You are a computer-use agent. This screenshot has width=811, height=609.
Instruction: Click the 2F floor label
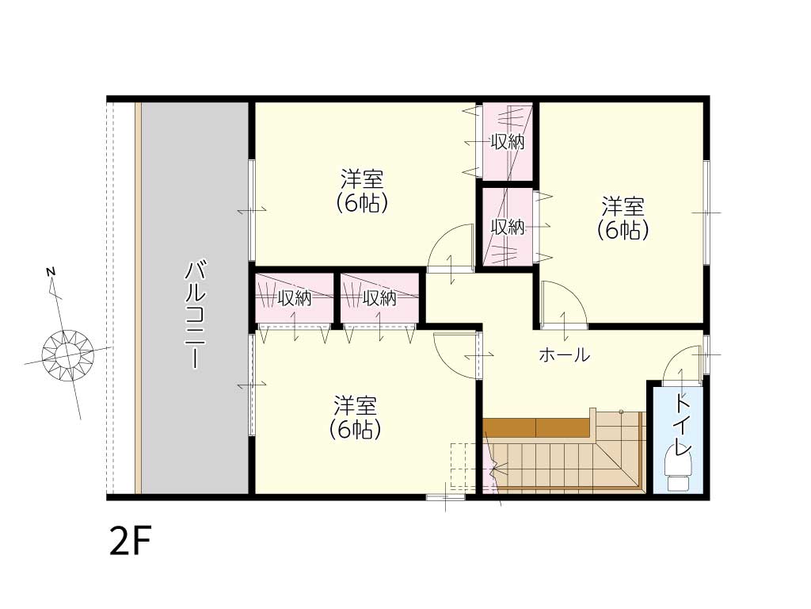click(x=130, y=541)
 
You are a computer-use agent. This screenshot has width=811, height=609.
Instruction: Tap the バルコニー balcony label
click(x=195, y=316)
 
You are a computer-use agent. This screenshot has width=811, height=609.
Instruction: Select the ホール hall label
click(x=564, y=355)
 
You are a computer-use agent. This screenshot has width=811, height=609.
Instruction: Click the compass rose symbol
click(x=67, y=355)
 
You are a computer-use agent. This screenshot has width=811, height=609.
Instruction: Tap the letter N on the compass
click(x=51, y=271)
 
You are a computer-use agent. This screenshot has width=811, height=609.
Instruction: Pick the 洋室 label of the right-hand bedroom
click(x=623, y=207)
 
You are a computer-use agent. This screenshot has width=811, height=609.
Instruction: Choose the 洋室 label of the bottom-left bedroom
click(x=356, y=406)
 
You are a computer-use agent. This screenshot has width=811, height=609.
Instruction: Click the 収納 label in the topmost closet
click(x=508, y=142)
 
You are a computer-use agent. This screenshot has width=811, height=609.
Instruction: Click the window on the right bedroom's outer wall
click(x=706, y=213)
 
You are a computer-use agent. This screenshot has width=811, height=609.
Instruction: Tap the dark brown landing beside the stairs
click(x=538, y=427)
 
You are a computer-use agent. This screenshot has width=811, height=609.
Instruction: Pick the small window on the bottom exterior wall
click(x=445, y=497)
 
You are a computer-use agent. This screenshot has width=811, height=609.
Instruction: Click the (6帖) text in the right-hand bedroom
click(x=623, y=230)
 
